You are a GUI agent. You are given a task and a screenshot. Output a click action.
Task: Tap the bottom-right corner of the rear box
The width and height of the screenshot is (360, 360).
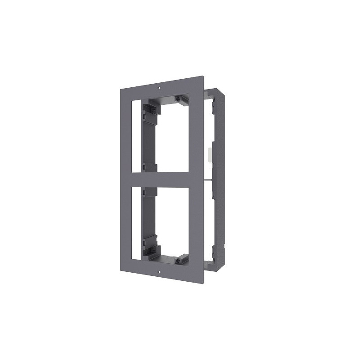tap(224, 268)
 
